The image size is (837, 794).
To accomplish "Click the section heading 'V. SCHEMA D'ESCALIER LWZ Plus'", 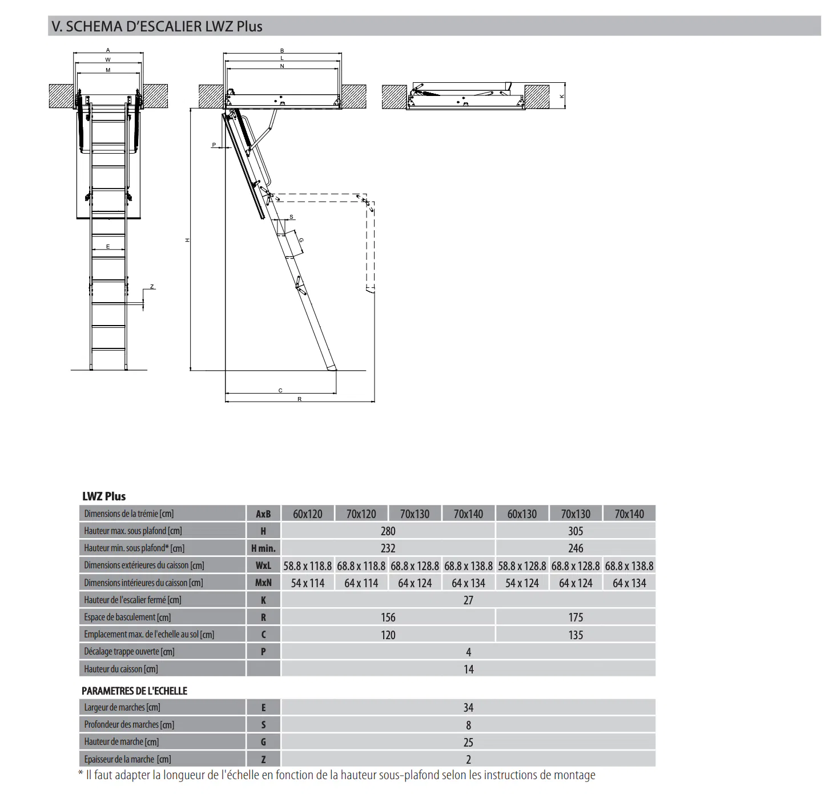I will (x=157, y=26).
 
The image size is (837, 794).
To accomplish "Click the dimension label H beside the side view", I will (x=187, y=240).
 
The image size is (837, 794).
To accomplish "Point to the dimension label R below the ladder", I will (x=299, y=399).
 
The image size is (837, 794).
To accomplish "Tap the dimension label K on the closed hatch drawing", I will (x=562, y=97).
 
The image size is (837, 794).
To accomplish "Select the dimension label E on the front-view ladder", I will (x=108, y=247).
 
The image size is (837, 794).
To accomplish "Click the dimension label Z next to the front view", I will (x=152, y=287).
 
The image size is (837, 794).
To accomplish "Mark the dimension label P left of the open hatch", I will (x=214, y=145).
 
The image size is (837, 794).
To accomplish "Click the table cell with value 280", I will (x=388, y=531).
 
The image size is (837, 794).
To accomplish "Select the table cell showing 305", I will (x=575, y=531).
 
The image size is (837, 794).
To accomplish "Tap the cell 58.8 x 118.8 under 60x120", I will (x=307, y=566).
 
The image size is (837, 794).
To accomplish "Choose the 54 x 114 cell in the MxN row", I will (x=307, y=583).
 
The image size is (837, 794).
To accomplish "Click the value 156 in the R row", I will (x=388, y=617).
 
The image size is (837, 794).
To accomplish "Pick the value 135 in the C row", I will (x=575, y=635).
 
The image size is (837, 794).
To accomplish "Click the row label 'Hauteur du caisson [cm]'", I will (x=121, y=669).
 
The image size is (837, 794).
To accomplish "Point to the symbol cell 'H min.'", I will (x=263, y=548).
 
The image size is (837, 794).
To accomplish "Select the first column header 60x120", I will (x=307, y=514).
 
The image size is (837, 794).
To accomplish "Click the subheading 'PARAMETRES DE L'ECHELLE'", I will (x=134, y=691).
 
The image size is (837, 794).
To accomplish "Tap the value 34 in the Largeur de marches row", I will (x=468, y=708).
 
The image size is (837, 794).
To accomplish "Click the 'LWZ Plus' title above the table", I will (x=104, y=496).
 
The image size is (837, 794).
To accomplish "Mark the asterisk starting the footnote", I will (x=81, y=775).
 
